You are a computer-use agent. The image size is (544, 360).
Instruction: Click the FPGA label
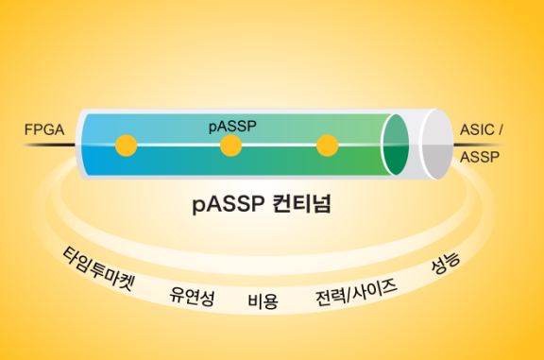44,129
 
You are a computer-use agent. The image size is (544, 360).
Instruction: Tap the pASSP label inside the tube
232,127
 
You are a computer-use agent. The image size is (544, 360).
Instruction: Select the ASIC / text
482,129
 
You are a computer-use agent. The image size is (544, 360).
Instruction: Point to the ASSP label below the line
480,157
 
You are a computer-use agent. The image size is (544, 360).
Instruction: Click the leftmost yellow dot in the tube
127,146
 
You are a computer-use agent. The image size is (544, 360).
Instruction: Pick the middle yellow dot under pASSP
231,146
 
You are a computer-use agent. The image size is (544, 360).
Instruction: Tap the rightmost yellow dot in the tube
327,146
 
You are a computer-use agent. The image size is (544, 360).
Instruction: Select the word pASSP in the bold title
229,204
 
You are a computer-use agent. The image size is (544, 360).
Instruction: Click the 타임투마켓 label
98,268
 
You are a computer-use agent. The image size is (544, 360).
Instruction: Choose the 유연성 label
192,297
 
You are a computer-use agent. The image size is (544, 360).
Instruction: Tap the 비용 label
263,301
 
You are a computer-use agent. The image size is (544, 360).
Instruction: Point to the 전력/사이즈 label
356,293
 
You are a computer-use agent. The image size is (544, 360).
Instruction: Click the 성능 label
446,263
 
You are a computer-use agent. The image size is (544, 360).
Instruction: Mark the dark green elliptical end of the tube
396,145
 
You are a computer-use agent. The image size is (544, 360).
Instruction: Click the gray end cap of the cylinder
437,145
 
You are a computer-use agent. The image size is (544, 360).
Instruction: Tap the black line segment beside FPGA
49,145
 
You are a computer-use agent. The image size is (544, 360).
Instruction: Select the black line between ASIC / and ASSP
478,145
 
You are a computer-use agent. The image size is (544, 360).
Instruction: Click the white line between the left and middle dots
178,145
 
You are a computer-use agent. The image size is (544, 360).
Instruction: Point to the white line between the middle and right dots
280,145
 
